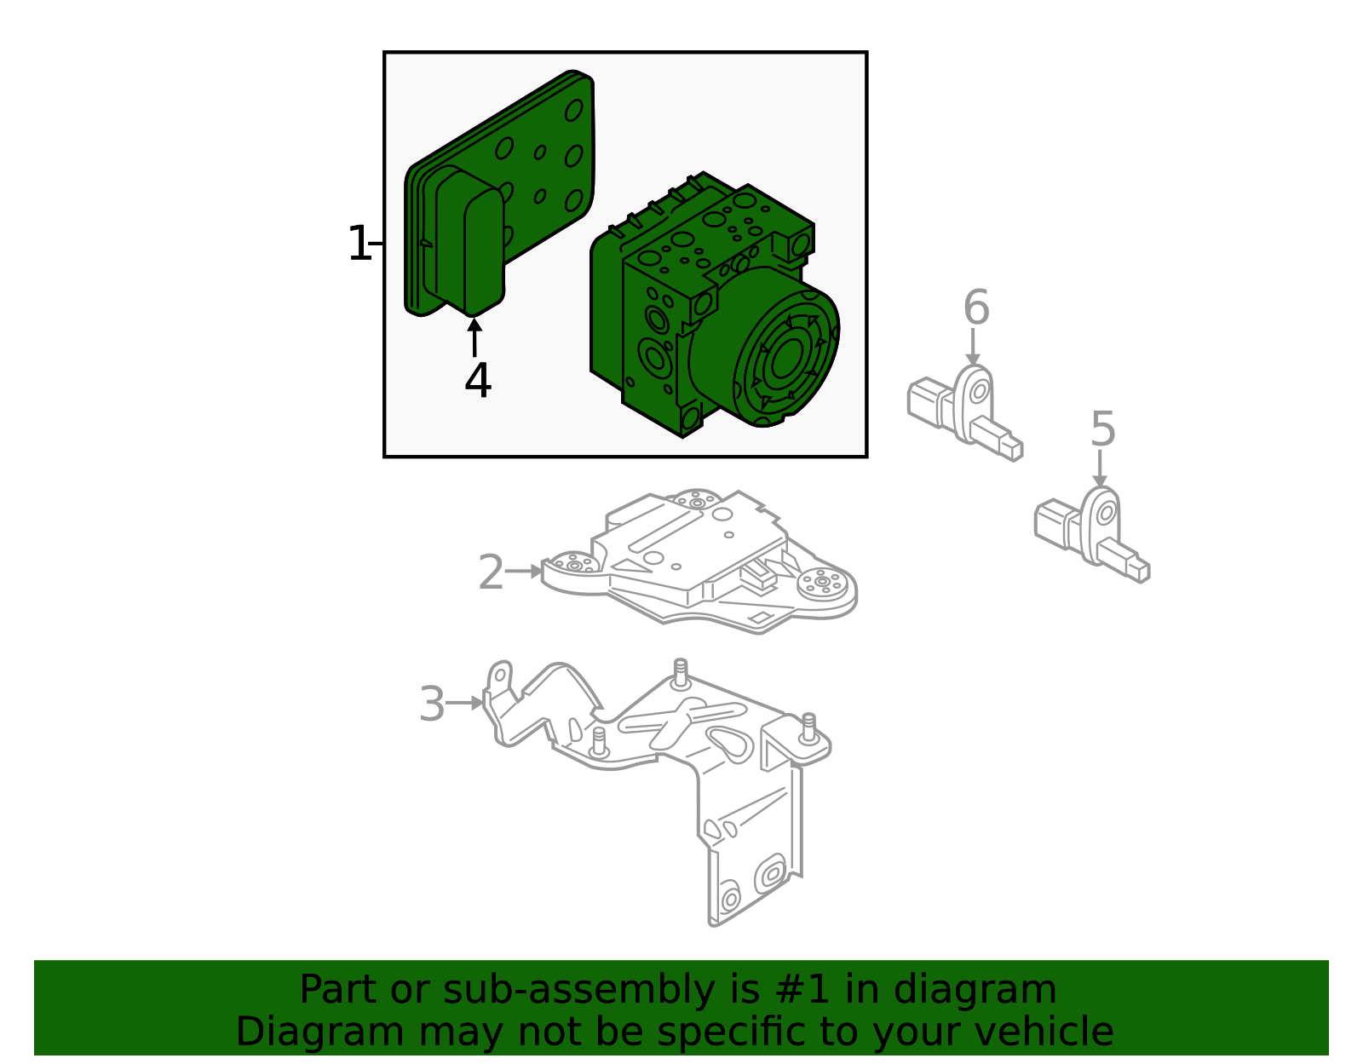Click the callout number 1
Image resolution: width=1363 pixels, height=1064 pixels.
coord(359,244)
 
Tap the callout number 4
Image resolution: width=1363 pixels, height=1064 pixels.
coord(477,380)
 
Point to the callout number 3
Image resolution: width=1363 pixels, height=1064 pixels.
coord(432,705)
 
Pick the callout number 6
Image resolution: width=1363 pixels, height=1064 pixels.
coord(976,308)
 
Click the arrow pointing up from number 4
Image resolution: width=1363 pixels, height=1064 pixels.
coord(474,338)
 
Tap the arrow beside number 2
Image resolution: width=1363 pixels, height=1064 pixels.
coord(524,572)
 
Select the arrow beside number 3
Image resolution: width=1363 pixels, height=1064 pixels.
coord(465,703)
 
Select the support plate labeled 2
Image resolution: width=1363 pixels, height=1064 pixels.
coord(699,561)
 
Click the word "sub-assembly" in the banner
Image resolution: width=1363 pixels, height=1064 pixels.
coord(578,991)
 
